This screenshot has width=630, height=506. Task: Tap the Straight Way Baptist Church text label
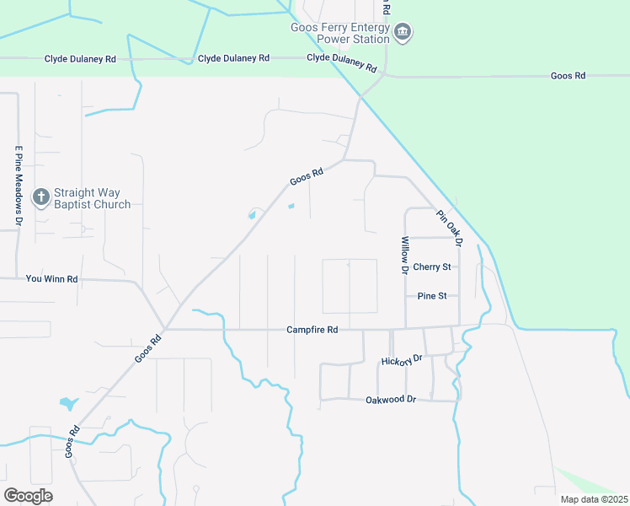92,198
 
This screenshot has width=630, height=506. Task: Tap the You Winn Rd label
52,278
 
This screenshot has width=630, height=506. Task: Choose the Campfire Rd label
312,330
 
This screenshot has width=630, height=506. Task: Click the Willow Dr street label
404,256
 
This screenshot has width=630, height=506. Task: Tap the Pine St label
437,296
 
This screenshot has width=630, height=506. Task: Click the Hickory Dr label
400,360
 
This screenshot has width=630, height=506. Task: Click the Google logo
29,495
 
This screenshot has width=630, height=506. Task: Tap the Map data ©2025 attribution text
594,499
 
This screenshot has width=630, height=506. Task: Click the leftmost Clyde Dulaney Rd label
80,59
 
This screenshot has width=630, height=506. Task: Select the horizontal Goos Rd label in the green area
568,76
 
